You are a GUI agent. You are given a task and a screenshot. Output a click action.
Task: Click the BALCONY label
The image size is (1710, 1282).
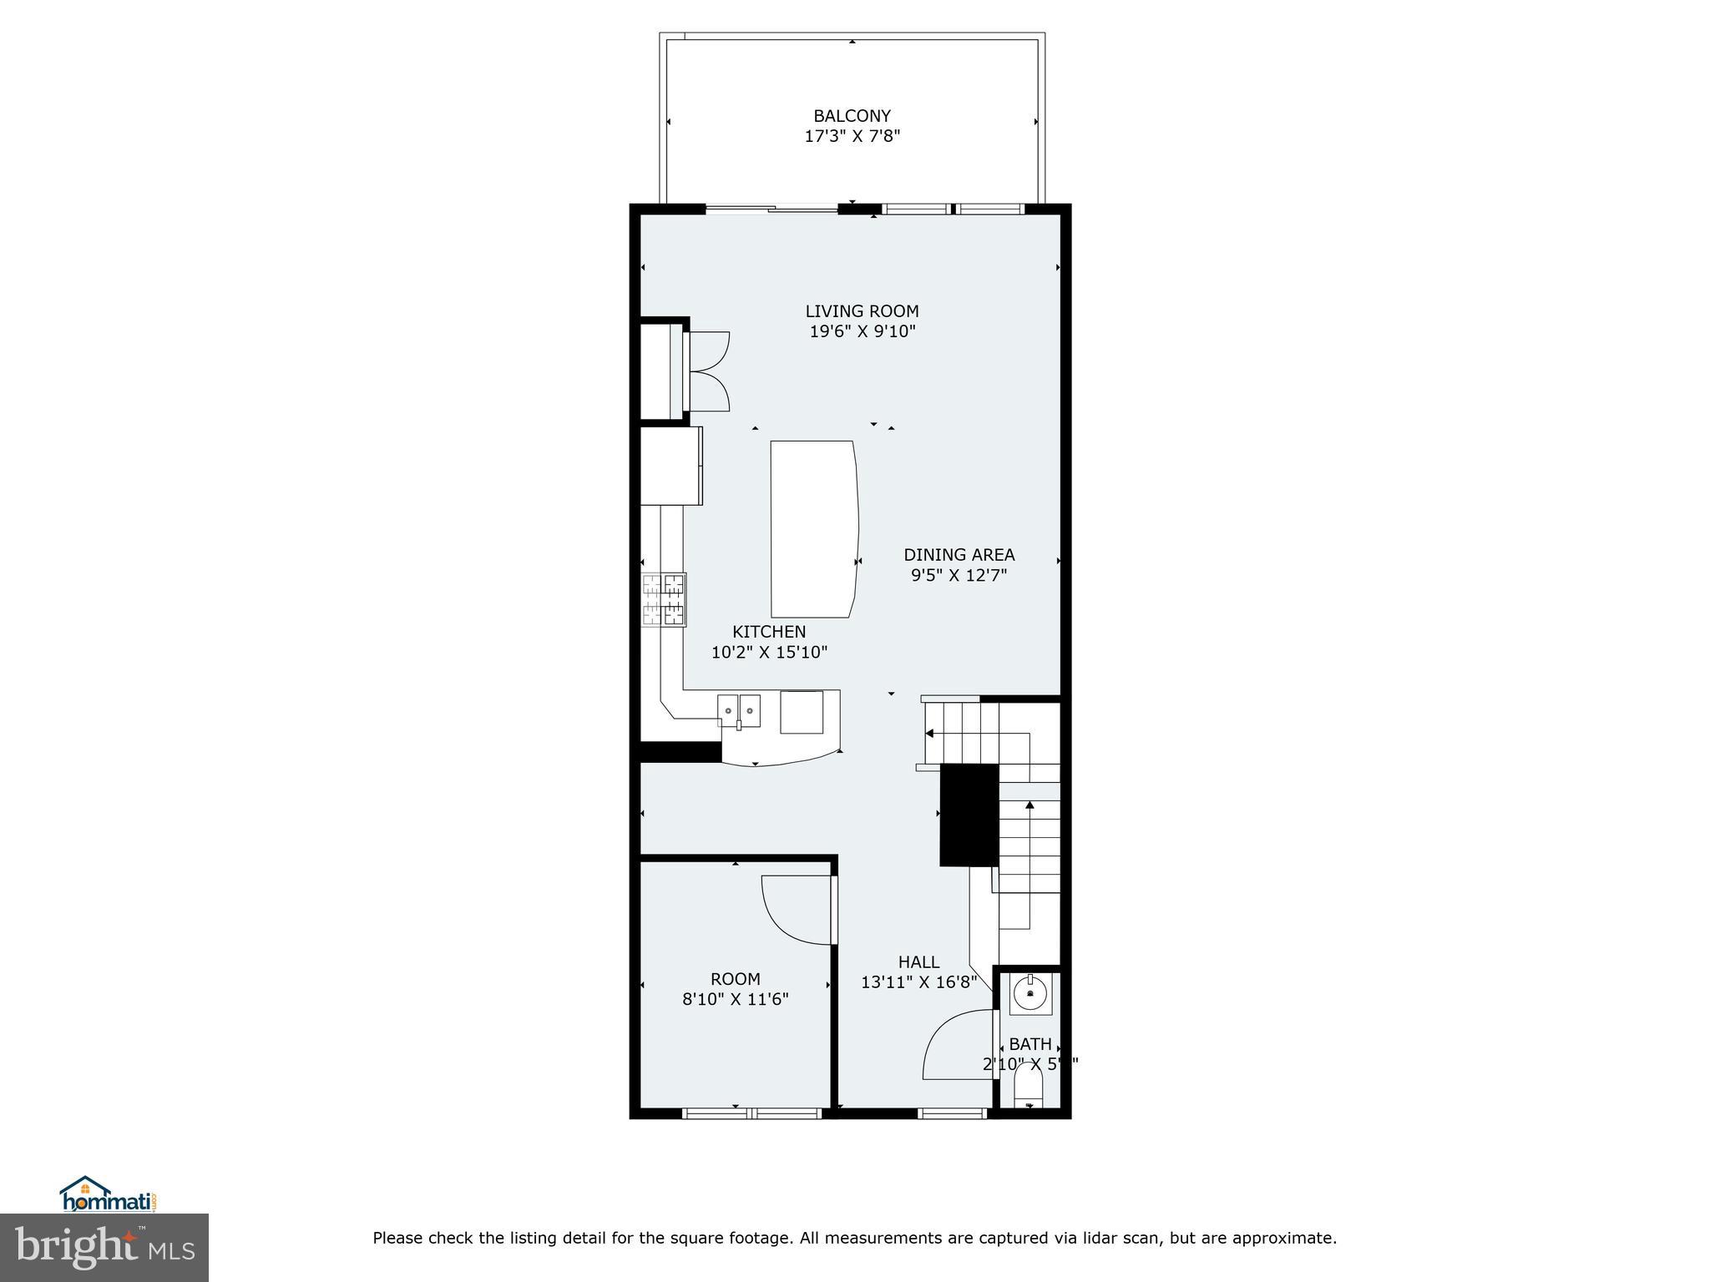(x=852, y=116)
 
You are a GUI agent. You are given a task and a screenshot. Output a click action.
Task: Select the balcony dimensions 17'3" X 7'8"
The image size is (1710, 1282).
(x=852, y=136)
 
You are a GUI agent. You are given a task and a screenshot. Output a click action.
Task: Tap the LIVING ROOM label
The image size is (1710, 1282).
(x=862, y=311)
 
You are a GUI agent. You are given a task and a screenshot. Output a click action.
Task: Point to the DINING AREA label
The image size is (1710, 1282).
(x=959, y=554)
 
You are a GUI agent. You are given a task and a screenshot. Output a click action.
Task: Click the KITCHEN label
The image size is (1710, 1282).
(x=769, y=632)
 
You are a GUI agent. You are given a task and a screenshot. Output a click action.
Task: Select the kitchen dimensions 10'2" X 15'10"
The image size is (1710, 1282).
(x=769, y=653)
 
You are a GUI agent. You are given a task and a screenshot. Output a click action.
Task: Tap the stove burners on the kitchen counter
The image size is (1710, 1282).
(x=664, y=599)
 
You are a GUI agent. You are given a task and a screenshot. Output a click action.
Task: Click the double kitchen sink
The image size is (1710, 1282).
(x=739, y=710)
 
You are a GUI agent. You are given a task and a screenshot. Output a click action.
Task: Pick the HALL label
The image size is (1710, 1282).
(x=918, y=962)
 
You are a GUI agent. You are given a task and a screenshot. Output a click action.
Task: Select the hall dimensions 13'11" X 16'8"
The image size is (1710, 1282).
(x=918, y=982)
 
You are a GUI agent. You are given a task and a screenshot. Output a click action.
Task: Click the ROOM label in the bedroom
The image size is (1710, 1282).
(x=735, y=979)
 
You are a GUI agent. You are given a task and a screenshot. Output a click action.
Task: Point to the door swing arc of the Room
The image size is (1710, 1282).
(x=793, y=914)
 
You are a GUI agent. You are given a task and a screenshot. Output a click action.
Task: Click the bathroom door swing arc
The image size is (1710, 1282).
(x=952, y=1047)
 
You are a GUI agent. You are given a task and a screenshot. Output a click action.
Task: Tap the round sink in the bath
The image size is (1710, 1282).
(x=1030, y=994)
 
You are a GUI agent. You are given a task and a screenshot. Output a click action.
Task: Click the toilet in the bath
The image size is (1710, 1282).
(x=1029, y=1089)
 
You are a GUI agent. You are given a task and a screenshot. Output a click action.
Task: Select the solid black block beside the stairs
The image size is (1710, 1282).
(x=969, y=815)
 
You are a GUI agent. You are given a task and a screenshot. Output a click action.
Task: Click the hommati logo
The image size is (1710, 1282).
(x=109, y=1194)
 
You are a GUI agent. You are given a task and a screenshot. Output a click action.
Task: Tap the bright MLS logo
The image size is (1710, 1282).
(x=104, y=1247)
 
